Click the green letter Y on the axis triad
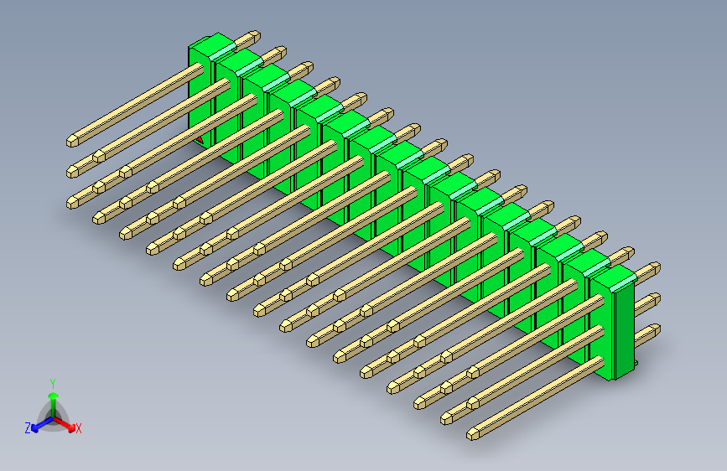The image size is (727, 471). [x=52, y=381]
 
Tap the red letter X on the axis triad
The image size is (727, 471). [x=79, y=428]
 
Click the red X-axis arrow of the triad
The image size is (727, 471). [x=66, y=422]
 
